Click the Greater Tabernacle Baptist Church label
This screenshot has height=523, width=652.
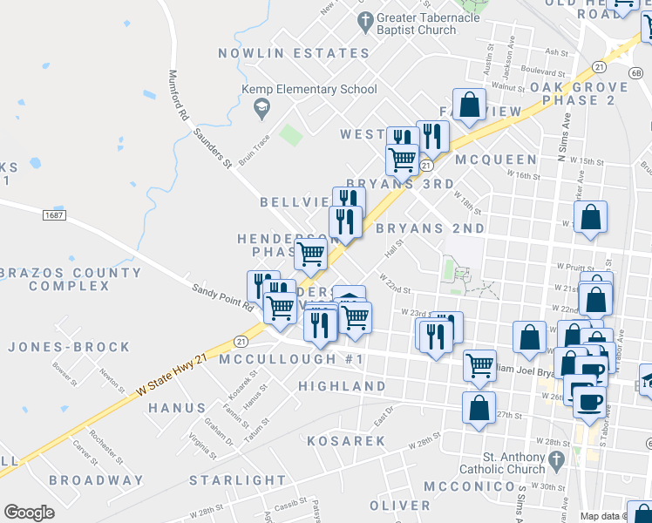(417, 24)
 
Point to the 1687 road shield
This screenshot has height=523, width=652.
(53, 214)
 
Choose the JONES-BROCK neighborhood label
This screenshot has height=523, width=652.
(69, 347)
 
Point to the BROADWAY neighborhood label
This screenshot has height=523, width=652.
(96, 480)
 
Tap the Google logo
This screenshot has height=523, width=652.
(29, 513)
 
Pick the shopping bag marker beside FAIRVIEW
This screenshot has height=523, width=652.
(469, 105)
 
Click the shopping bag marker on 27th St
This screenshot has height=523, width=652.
(479, 408)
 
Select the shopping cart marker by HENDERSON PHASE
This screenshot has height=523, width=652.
(310, 255)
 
